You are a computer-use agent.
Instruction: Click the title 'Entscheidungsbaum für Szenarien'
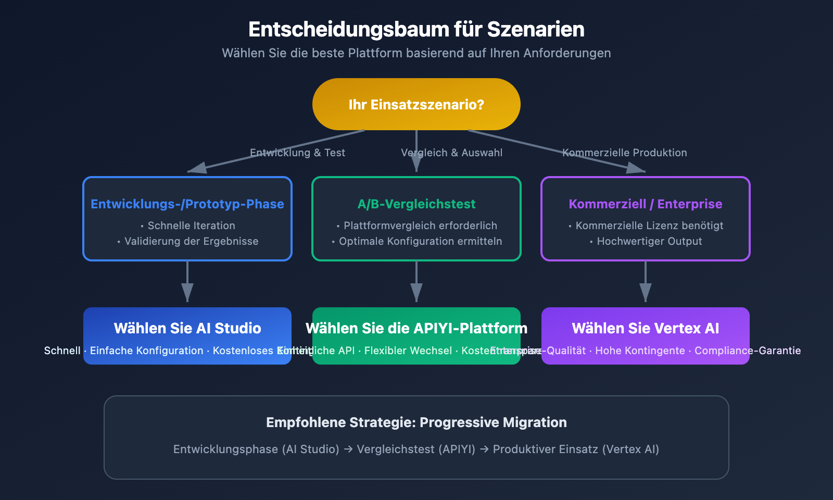point(416,29)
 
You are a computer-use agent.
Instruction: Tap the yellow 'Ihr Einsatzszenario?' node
point(416,104)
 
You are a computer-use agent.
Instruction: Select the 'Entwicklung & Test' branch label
point(297,153)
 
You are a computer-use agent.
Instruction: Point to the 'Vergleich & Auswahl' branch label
point(451,153)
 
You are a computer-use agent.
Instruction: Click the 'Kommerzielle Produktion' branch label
point(624,153)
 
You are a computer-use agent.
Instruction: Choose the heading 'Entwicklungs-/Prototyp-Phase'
point(187,204)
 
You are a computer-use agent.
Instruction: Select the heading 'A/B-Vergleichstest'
point(416,204)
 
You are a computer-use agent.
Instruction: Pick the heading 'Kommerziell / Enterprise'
point(645,204)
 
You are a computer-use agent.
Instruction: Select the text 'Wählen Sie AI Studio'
point(187,328)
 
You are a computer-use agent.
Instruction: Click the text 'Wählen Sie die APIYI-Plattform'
point(416,328)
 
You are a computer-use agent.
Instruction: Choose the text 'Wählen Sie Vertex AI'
point(645,328)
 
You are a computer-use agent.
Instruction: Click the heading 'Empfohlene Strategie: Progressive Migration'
point(416,422)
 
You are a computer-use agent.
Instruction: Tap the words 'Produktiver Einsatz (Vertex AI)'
point(576,449)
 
